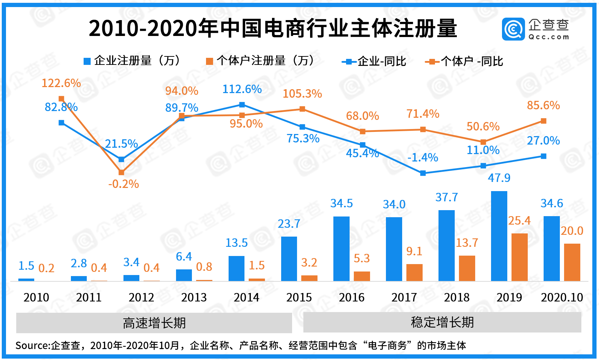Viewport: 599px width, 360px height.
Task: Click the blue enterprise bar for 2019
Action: tap(499, 236)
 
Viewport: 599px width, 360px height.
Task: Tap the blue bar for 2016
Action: tap(341, 249)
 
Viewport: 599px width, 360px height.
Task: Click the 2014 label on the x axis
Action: tap(246, 298)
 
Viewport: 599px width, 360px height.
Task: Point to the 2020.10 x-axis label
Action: tap(562, 298)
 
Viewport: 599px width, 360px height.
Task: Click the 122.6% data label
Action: tap(61, 83)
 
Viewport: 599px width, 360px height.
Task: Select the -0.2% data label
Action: tap(123, 184)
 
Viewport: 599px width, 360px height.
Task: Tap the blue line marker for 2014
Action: tap(242, 105)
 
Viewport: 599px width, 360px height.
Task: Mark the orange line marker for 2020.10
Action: tap(544, 121)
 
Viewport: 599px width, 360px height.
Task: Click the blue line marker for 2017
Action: tap(423, 173)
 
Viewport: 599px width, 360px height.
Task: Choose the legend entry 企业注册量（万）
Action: tap(132, 61)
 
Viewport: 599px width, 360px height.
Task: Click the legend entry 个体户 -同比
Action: tap(465, 62)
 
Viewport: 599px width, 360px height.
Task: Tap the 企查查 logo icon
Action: tap(513, 29)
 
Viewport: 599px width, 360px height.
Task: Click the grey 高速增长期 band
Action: tap(154, 323)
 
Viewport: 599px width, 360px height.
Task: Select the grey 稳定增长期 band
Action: tap(442, 322)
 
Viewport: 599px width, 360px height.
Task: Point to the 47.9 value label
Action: tap(499, 178)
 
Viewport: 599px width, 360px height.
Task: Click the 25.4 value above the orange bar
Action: tap(519, 221)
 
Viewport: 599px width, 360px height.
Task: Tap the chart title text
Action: tap(273, 28)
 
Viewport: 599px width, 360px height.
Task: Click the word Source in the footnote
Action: tap(32, 346)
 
